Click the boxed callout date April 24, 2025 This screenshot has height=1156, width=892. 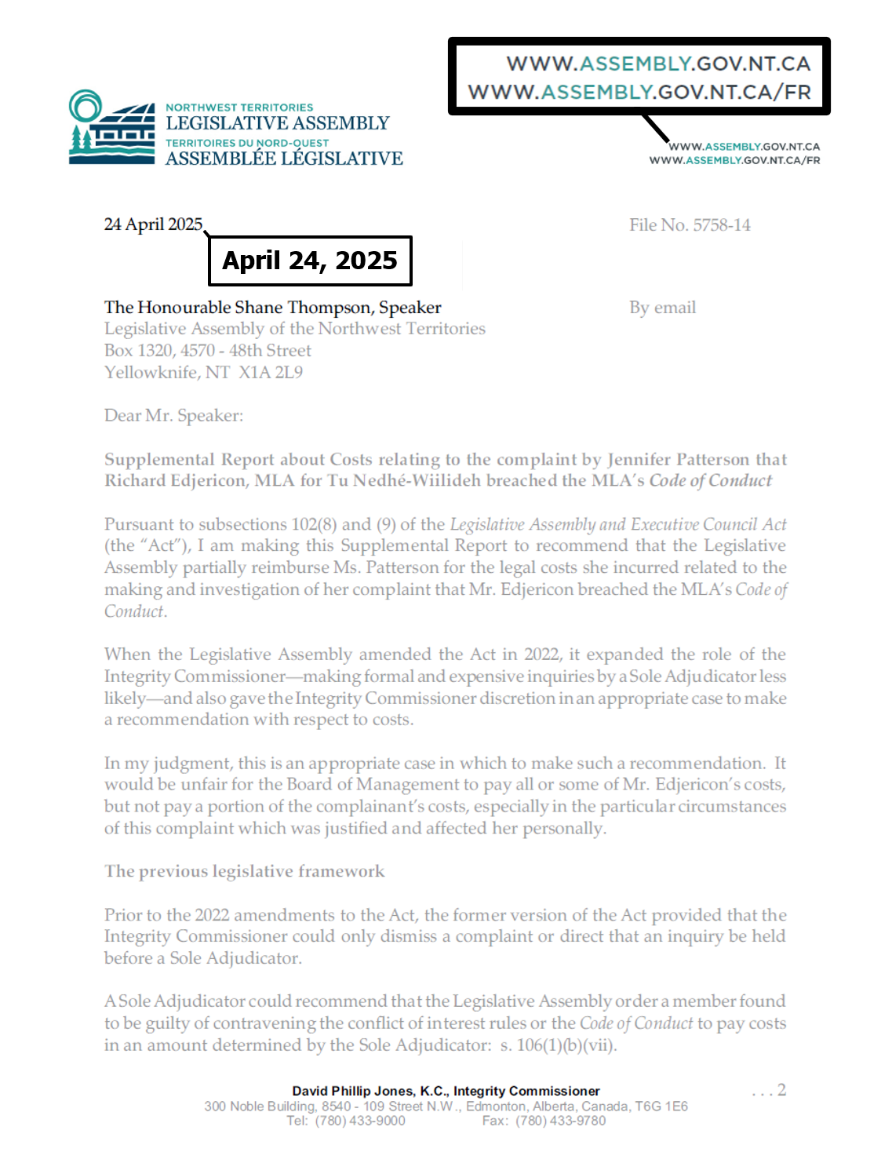pyautogui.click(x=310, y=261)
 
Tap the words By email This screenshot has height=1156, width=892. pyautogui.click(x=662, y=308)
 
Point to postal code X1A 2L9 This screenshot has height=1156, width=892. pyautogui.click(x=271, y=373)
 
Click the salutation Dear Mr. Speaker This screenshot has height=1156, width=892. pyautogui.click(x=173, y=416)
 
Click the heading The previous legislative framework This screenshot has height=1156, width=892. pyautogui.click(x=244, y=871)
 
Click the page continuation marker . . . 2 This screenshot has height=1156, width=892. pyautogui.click(x=769, y=1090)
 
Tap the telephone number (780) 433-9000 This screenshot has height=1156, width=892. pyautogui.click(x=360, y=1121)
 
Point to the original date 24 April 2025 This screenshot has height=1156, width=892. pyautogui.click(x=153, y=225)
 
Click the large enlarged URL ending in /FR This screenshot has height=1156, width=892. pyautogui.click(x=639, y=93)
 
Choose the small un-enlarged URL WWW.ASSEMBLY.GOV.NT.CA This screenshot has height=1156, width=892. pyautogui.click(x=744, y=147)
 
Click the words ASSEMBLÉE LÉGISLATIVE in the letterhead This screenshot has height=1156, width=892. pyautogui.click(x=284, y=159)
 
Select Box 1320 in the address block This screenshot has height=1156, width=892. pyautogui.click(x=138, y=351)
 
